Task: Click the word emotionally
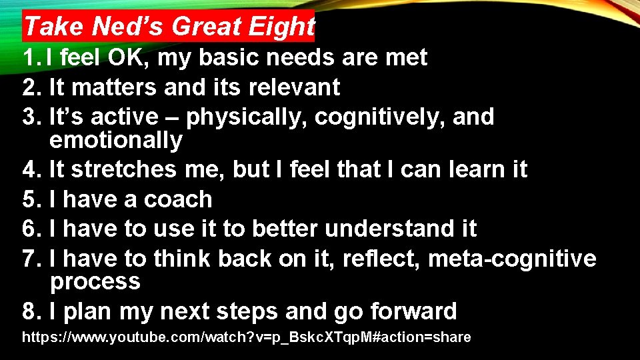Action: click(x=115, y=140)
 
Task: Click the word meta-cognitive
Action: click(x=511, y=258)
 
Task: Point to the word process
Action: click(x=95, y=281)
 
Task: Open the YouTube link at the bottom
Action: click(x=247, y=337)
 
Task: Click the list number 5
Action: click(x=29, y=199)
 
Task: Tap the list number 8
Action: click(x=29, y=311)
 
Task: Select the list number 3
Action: click(x=29, y=117)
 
